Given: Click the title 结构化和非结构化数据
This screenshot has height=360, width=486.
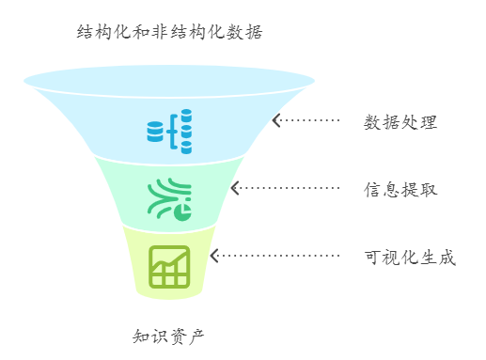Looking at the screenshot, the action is click(x=169, y=33).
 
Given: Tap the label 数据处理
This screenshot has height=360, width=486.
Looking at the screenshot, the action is click(x=400, y=122).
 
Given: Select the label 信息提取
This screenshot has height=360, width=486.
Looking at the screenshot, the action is click(x=400, y=189).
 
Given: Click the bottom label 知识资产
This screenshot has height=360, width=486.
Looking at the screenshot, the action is click(x=168, y=336).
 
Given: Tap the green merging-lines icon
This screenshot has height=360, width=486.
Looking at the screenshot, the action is click(x=169, y=197).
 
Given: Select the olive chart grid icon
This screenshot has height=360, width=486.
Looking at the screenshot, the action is click(x=169, y=266).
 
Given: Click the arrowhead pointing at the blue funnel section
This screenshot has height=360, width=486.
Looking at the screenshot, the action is click(x=276, y=120).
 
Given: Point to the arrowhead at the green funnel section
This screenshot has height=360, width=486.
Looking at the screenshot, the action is click(x=235, y=188).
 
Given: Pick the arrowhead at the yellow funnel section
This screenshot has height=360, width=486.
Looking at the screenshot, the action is click(x=214, y=256).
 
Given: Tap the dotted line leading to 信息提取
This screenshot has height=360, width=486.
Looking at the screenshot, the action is click(x=288, y=188).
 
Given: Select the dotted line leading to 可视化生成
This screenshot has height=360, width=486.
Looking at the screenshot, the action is click(x=277, y=256).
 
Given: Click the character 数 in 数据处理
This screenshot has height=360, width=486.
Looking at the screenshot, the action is click(x=373, y=122).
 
